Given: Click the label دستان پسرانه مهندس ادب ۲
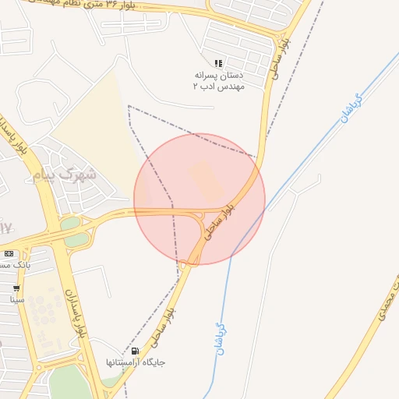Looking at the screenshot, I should (219, 80).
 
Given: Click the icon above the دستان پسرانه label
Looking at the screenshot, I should (219, 63).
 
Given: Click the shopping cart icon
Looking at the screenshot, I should (16, 288).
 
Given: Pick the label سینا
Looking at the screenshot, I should (16, 299).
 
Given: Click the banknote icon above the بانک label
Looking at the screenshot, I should (9, 253).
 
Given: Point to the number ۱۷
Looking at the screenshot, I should (6, 228).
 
